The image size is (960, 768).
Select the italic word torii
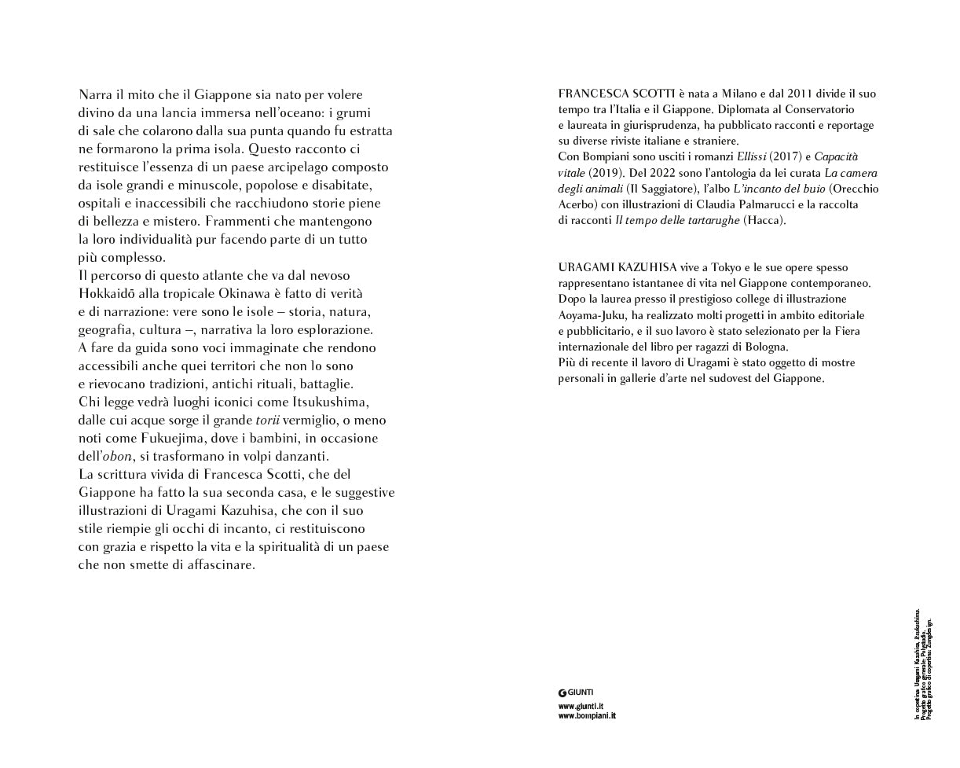268,420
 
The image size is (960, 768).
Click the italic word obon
117,456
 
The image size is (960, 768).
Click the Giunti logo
576,693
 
